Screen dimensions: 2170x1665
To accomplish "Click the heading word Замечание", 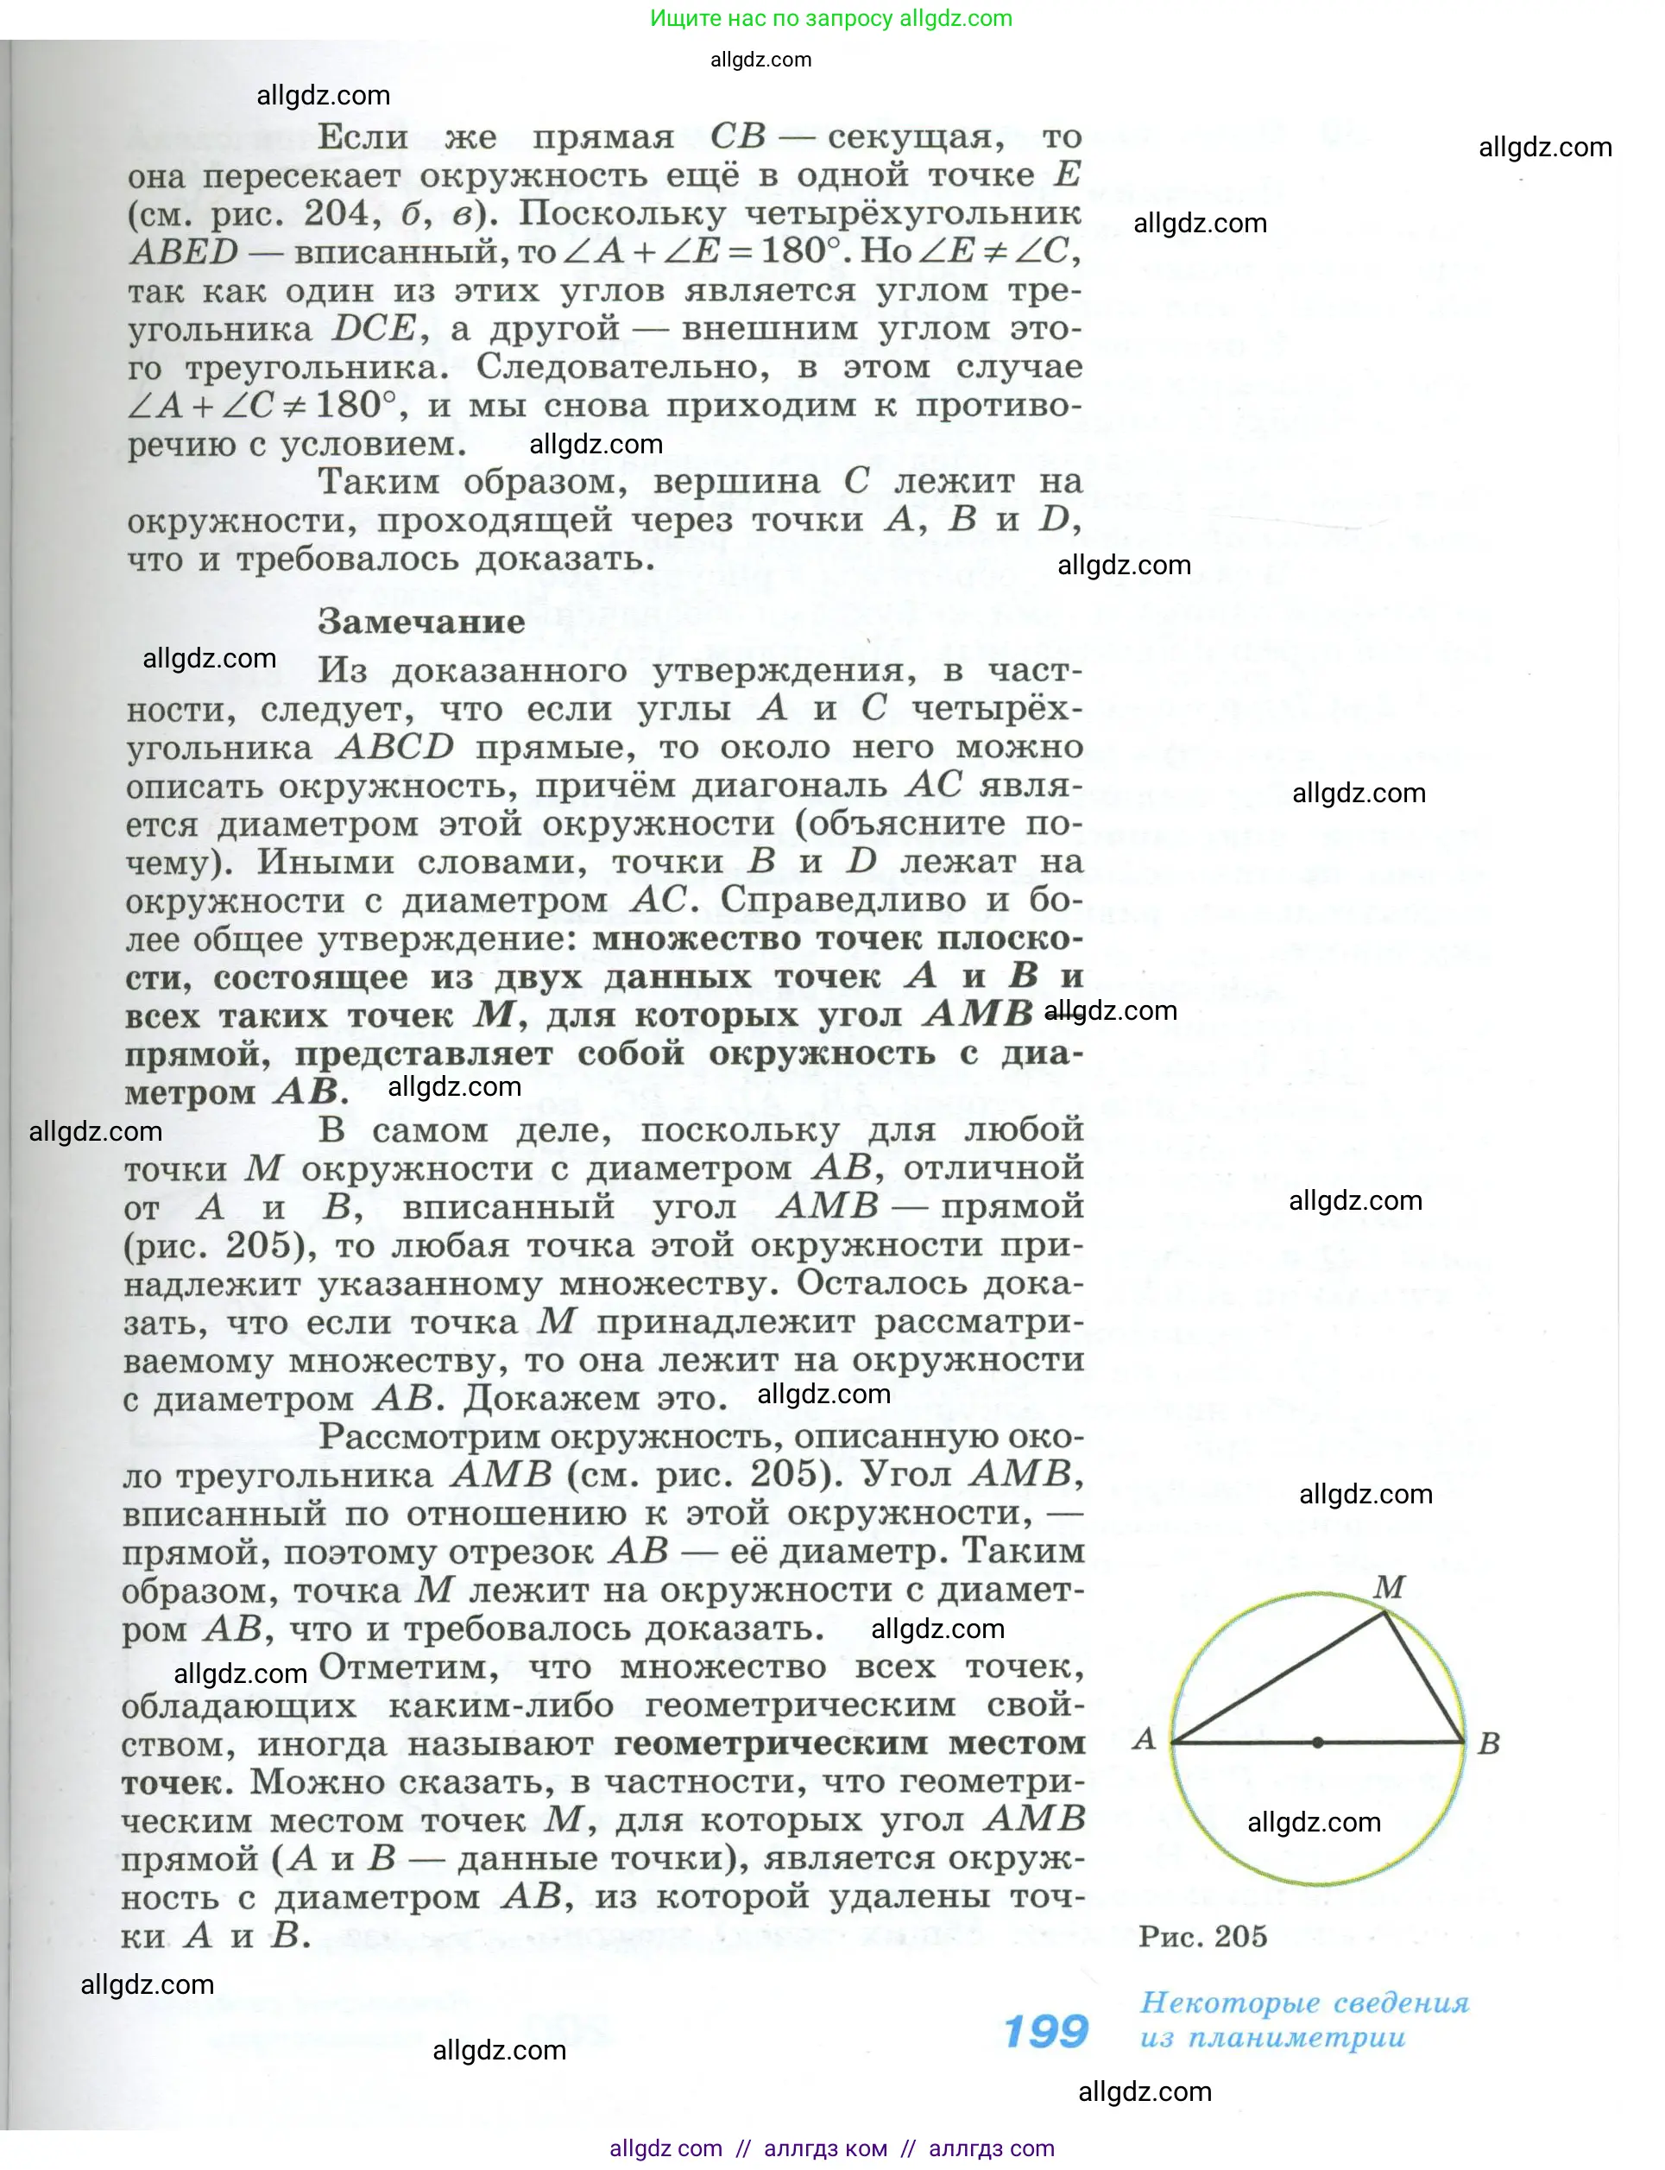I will pyautogui.click(x=420, y=623).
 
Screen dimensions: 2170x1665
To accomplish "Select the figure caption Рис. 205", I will pyautogui.click(x=1202, y=1936).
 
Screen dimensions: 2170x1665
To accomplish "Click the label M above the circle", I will pyautogui.click(x=1389, y=1587).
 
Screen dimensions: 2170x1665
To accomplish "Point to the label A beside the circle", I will pyautogui.click(x=1145, y=1737).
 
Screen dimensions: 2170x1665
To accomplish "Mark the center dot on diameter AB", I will pyautogui.click(x=1317, y=1742).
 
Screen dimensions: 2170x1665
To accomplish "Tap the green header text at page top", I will pyautogui.click(x=830, y=18).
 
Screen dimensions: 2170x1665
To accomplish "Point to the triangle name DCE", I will pyautogui.click(x=374, y=328).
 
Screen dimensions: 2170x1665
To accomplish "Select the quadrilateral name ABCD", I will pyautogui.click(x=394, y=746).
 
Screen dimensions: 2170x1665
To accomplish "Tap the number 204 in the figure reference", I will pyautogui.click(x=342, y=213).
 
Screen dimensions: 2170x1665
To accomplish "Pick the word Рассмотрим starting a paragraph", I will pyautogui.click(x=431, y=1436).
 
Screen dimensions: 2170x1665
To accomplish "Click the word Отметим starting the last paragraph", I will pyautogui.click(x=407, y=1667).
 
